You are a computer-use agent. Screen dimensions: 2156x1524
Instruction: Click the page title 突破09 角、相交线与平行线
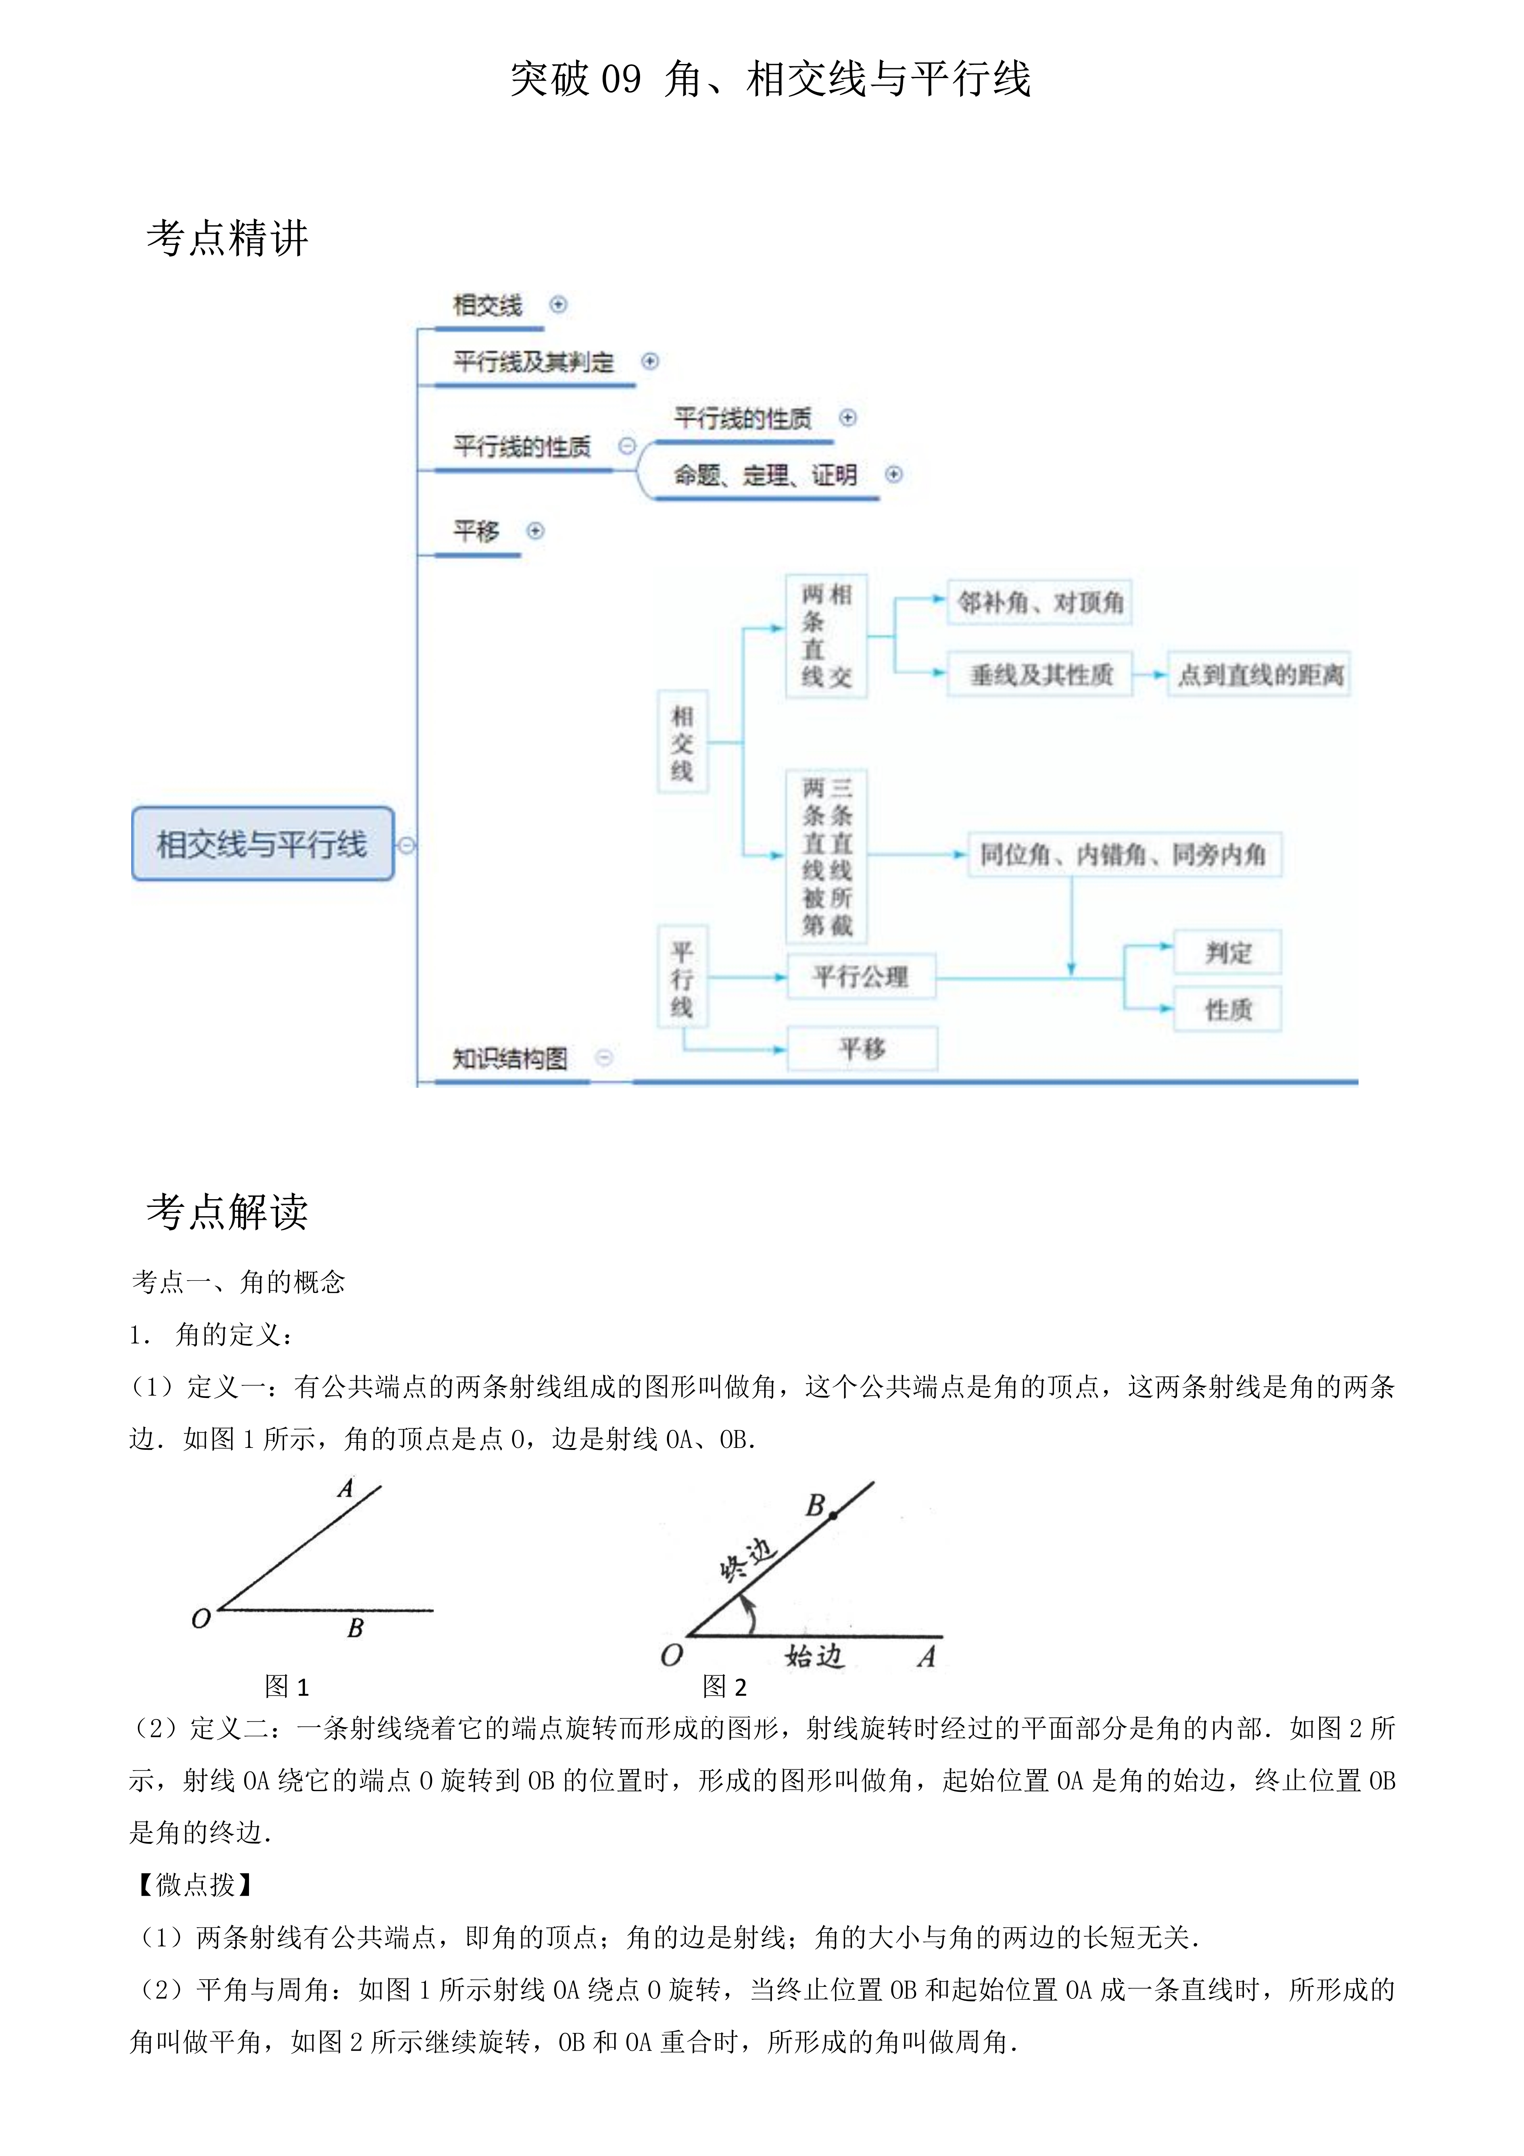tap(770, 79)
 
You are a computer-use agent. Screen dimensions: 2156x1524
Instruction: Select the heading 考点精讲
tap(227, 238)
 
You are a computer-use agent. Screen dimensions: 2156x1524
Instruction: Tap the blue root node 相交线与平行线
tap(262, 844)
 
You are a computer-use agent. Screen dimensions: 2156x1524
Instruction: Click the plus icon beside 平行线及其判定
tap(650, 361)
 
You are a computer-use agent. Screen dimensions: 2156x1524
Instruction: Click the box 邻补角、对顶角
tap(1039, 603)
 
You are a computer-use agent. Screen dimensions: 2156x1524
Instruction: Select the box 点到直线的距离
tap(1259, 674)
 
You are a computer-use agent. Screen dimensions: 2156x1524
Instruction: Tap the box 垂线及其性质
tap(1040, 674)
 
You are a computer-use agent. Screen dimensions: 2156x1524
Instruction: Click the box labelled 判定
tap(1227, 953)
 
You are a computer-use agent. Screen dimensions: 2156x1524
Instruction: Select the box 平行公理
tap(860, 977)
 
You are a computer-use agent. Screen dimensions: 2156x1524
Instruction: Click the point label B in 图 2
tap(815, 1505)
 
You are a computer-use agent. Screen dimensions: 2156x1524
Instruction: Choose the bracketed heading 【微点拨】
tap(194, 1885)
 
